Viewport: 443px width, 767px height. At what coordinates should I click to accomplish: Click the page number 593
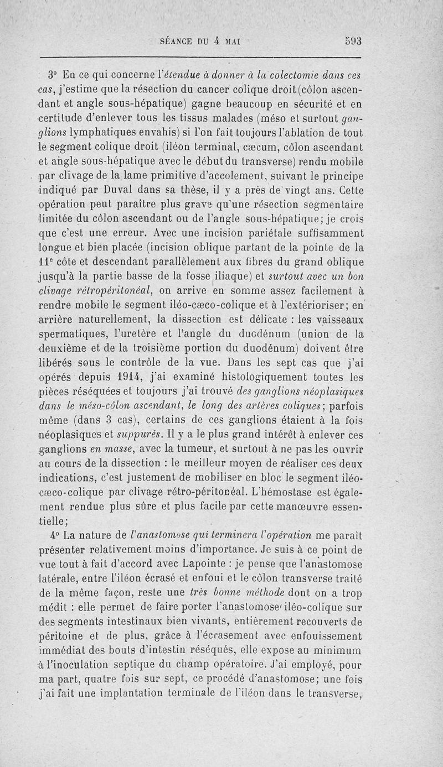tap(353, 40)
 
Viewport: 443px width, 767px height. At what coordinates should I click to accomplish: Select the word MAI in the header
tap(240, 40)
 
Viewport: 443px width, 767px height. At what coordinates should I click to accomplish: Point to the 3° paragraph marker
tap(53, 75)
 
